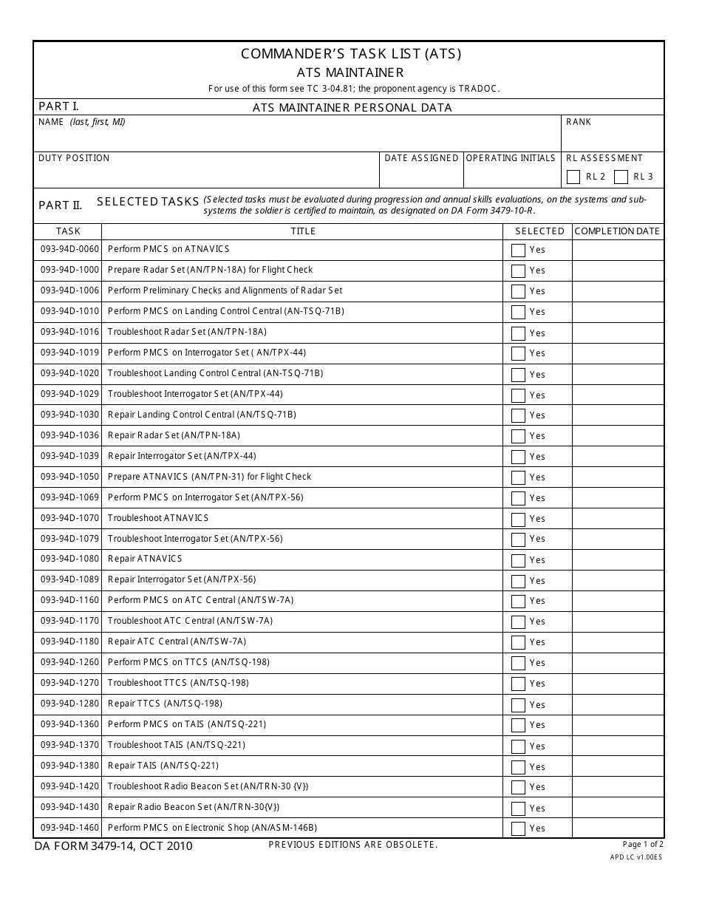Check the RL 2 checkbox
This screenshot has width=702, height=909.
click(573, 177)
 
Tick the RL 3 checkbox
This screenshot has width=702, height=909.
click(621, 177)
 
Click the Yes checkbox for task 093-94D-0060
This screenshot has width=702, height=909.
click(518, 251)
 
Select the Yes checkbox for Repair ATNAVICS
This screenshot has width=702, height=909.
click(518, 560)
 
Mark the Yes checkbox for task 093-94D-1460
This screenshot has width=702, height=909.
click(518, 828)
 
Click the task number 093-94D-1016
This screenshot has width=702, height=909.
click(69, 332)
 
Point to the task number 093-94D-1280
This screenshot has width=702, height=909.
click(69, 704)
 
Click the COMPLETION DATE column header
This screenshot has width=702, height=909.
click(617, 231)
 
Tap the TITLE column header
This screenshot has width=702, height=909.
click(303, 231)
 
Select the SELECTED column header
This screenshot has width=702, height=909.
click(539, 231)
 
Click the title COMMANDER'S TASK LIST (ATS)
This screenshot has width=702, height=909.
click(351, 54)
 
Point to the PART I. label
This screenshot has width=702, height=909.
click(58, 106)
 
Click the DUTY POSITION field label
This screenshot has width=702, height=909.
click(74, 158)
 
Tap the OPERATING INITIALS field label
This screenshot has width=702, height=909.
click(511, 158)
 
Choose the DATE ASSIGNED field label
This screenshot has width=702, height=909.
click(421, 158)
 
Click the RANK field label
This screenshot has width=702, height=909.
click(579, 122)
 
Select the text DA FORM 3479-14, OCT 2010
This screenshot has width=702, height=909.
click(113, 846)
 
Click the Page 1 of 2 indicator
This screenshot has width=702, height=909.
click(643, 844)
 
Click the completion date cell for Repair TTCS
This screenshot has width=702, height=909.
click(617, 704)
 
